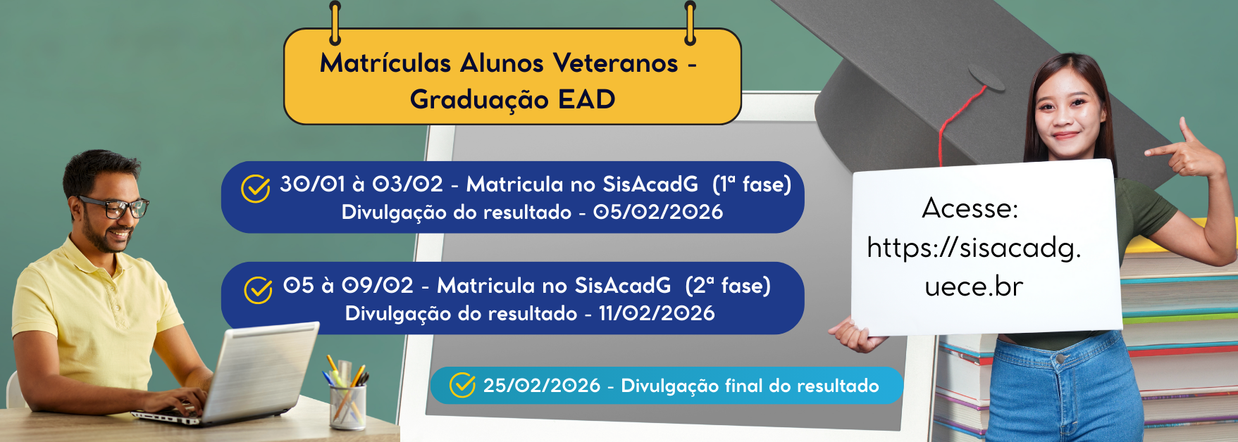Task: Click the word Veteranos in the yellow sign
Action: coord(615,63)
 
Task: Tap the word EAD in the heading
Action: coord(586,99)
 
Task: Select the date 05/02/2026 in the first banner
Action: coord(658,212)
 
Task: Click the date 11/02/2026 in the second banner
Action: coord(657,313)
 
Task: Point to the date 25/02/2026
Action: coord(542,386)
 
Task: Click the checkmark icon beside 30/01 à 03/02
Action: coord(256,188)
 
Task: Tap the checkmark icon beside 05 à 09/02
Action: coord(258,289)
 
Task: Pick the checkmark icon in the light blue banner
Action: coord(462,385)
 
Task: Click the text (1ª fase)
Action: coord(752,184)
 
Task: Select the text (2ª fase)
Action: coord(728,286)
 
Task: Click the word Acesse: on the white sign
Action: coord(970,208)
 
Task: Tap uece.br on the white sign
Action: coord(974,286)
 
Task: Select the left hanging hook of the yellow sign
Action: coord(335,23)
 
